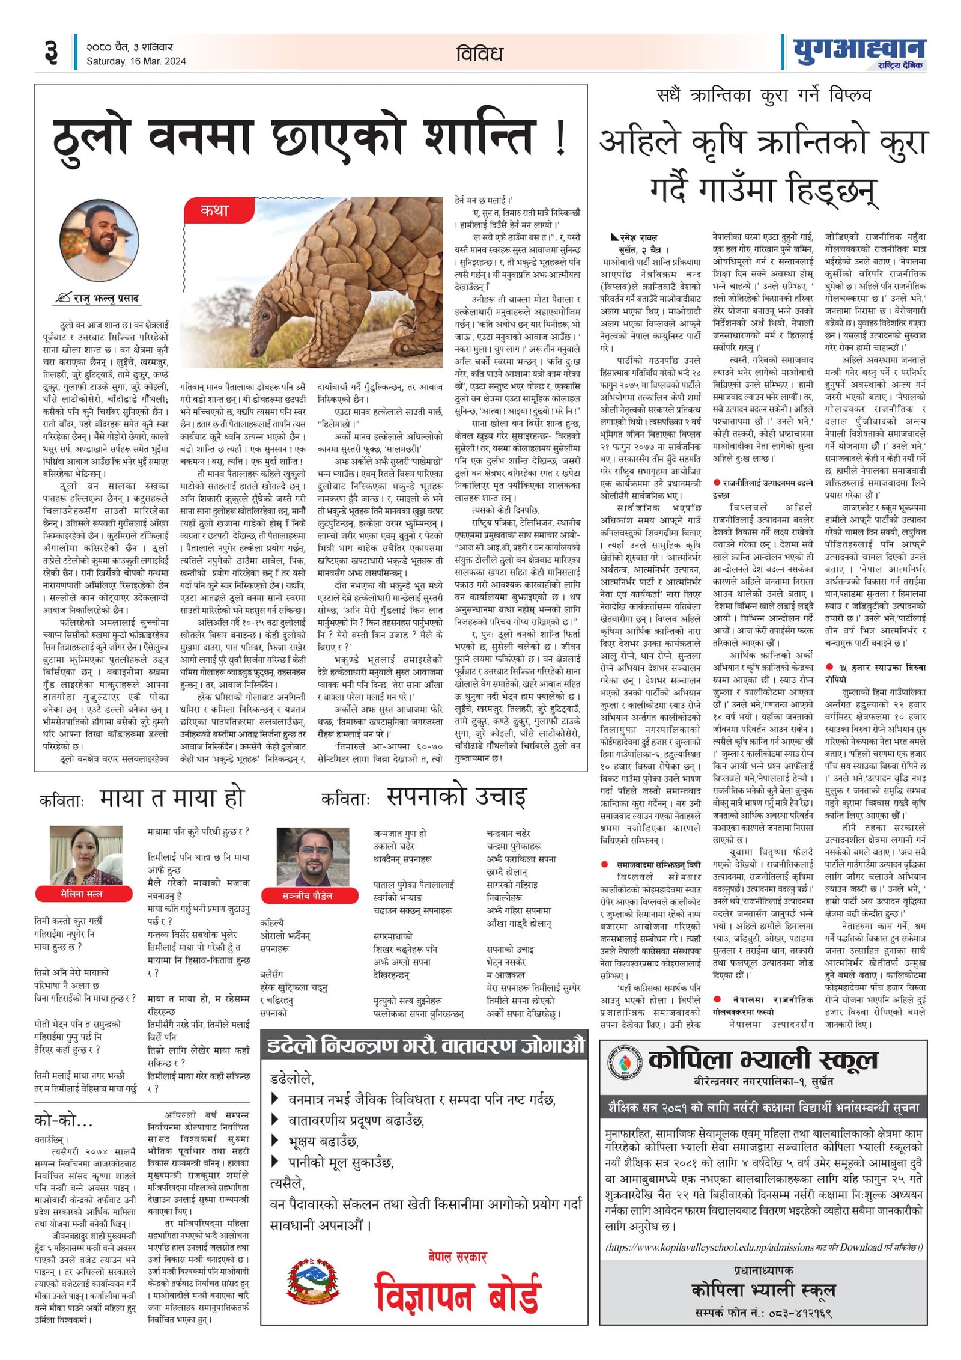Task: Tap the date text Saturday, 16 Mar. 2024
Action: [x=136, y=61]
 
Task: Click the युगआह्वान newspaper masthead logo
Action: [x=859, y=52]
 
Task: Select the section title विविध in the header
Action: [x=479, y=54]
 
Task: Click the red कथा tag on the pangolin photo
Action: [x=214, y=211]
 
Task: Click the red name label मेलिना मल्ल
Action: [x=82, y=894]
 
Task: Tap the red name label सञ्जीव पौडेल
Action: [x=307, y=895]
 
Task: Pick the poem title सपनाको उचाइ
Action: [x=456, y=797]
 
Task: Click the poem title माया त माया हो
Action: [x=172, y=798]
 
